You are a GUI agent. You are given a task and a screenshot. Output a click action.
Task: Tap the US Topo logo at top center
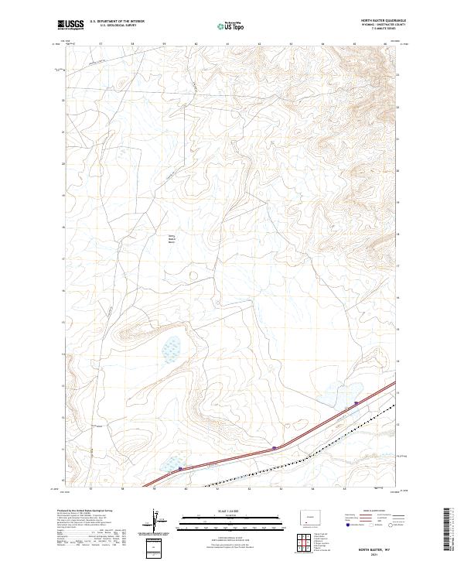[231, 26]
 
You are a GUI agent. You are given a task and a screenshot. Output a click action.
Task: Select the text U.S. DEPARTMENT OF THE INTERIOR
[117, 21]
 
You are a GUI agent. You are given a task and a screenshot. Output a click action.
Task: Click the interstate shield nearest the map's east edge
[356, 403]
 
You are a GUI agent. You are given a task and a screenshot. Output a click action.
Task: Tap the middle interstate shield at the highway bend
[275, 447]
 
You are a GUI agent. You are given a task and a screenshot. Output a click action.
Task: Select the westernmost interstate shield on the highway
[180, 468]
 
